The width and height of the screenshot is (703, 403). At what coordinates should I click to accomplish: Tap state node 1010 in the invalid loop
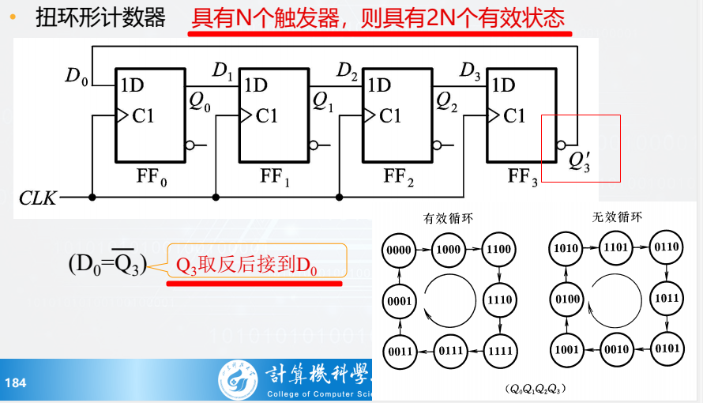point(566,248)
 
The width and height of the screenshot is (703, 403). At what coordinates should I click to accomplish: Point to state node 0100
point(566,299)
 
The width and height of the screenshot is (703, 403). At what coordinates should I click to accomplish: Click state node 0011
point(400,350)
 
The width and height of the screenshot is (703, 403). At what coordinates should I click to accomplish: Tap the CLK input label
point(39,198)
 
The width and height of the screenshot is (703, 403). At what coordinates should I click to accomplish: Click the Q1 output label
point(324,101)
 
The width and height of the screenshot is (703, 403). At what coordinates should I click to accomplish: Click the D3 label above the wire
point(470,70)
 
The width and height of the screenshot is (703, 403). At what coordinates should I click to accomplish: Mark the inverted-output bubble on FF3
point(562,145)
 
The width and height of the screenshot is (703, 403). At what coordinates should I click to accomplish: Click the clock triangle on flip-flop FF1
point(246,115)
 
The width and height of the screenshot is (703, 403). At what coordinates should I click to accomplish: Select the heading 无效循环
point(617,217)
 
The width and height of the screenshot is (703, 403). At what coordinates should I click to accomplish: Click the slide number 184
point(16,382)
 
